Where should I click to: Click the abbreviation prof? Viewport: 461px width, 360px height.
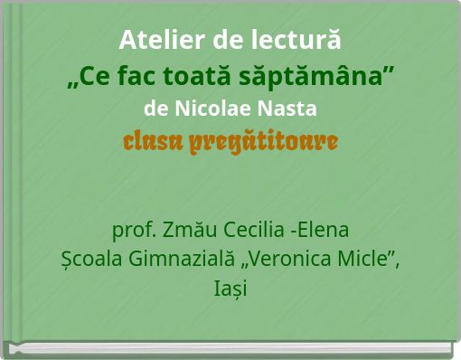(x=130, y=228)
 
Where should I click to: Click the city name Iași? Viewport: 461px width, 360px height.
(x=230, y=290)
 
